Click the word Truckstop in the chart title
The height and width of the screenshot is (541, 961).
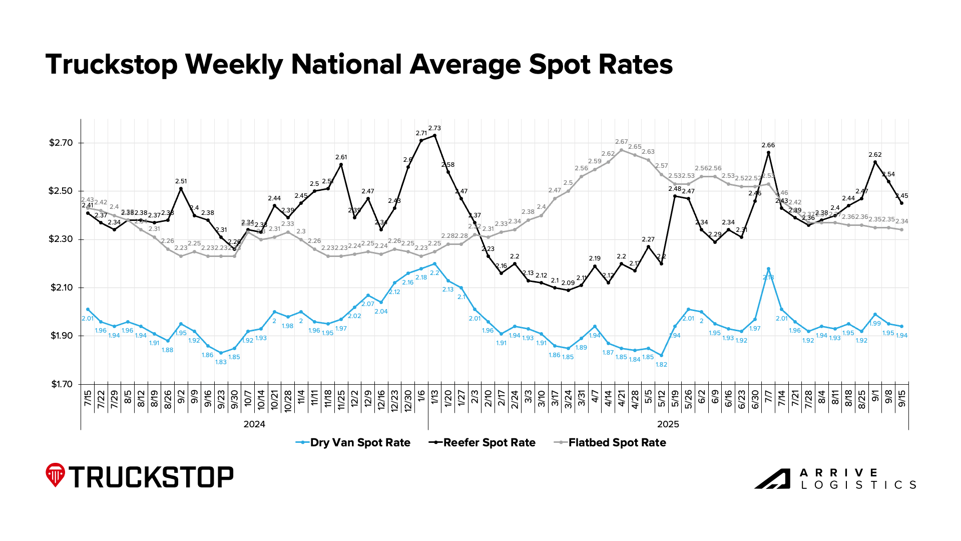pyautogui.click(x=112, y=65)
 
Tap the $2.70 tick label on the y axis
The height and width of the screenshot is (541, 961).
pyautogui.click(x=61, y=143)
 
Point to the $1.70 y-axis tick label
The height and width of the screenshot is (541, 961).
pyautogui.click(x=61, y=385)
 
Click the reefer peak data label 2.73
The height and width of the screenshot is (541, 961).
pyautogui.click(x=434, y=128)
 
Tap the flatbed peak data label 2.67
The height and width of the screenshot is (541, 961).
pyautogui.click(x=621, y=142)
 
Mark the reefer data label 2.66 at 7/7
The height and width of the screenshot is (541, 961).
pyautogui.click(x=768, y=145)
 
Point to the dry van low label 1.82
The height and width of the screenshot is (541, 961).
pyautogui.click(x=661, y=365)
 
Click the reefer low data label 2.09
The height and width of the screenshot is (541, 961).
pyautogui.click(x=568, y=283)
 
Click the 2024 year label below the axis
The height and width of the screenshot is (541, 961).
pyautogui.click(x=254, y=425)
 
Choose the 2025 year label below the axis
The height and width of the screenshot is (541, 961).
pyautogui.click(x=668, y=425)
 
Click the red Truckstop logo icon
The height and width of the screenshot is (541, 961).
pyautogui.click(x=55, y=475)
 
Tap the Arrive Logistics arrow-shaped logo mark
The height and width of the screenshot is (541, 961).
pyautogui.click(x=772, y=479)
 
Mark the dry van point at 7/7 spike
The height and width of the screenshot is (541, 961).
pyautogui.click(x=768, y=269)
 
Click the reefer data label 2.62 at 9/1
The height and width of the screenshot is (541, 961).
pyautogui.click(x=875, y=155)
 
